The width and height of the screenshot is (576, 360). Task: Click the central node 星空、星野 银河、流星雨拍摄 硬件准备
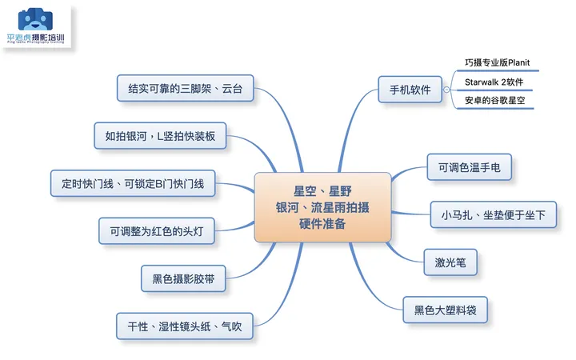(322, 206)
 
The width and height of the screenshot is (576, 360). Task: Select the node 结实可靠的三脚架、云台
(185, 87)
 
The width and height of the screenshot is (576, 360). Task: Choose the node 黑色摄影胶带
(182, 279)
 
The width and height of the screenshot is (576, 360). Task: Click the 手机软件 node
(410, 90)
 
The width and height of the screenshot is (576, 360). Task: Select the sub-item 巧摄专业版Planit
(497, 62)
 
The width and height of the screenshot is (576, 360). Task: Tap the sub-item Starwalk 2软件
(494, 82)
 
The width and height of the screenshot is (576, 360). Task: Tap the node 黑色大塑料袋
(445, 309)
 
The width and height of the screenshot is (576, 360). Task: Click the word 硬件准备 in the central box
(322, 224)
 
